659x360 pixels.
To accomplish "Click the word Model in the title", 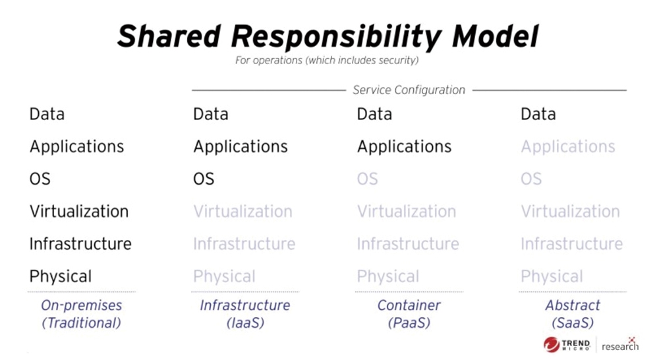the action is click(495, 36).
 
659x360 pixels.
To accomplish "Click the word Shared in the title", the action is click(169, 36).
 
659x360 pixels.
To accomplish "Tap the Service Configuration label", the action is click(409, 90).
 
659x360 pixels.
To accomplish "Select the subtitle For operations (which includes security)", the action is click(327, 61).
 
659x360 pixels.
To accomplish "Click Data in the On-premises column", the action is click(47, 114).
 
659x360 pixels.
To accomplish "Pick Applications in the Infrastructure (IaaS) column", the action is click(241, 146).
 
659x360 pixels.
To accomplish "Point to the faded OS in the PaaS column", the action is click(367, 179).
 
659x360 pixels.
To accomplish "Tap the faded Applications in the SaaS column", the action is click(568, 146).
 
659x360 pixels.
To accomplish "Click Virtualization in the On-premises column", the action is click(79, 211).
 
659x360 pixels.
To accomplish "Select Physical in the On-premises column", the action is click(61, 276).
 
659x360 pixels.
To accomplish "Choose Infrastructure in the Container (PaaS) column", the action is click(408, 244).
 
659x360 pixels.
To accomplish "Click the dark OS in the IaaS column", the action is click(204, 179).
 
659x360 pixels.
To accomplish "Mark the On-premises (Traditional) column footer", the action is click(82, 314).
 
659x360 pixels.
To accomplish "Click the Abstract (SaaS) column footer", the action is click(573, 314).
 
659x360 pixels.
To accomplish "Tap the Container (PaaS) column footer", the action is click(409, 314).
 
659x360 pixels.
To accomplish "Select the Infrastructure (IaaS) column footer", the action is click(245, 314).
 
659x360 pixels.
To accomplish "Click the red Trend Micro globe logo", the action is click(551, 344).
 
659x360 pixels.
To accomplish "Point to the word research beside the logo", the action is click(620, 346).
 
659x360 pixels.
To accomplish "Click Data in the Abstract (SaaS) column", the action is click(538, 114).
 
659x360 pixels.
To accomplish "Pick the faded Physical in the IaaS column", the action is click(224, 276).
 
